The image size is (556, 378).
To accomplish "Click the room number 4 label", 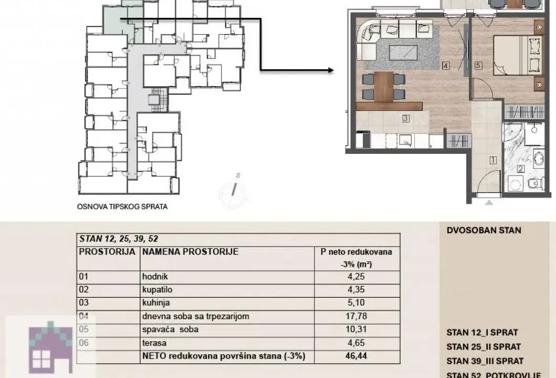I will pyautogui.click(x=445, y=66).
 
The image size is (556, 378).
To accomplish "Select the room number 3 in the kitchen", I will pyautogui.click(x=405, y=119).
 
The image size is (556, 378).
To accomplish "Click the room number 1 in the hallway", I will pyautogui.click(x=492, y=161).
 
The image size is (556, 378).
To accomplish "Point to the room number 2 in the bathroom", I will pyautogui.click(x=520, y=169).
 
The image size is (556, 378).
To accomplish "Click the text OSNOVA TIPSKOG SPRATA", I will pyautogui.click(x=122, y=206).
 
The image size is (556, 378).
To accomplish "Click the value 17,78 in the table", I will pyautogui.click(x=356, y=316).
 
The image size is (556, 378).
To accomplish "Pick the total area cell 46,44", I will pyautogui.click(x=356, y=356).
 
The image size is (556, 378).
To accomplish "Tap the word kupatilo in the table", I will pyautogui.click(x=156, y=289).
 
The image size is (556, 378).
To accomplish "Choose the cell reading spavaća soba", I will pyautogui.click(x=171, y=330).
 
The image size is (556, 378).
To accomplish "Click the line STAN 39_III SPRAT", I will pyautogui.click(x=485, y=361).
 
